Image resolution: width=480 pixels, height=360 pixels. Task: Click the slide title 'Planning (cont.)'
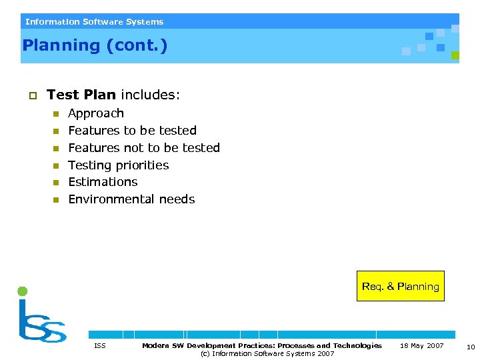[95, 46]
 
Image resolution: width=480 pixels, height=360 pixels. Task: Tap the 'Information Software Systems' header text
[94, 22]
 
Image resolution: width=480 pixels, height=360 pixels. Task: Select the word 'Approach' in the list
[96, 113]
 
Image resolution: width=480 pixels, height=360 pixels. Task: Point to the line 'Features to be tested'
[132, 131]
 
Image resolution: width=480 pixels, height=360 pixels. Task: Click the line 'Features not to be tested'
[144, 148]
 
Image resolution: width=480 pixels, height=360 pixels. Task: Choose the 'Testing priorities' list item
[119, 165]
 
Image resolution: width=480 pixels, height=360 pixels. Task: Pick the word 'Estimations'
[103, 182]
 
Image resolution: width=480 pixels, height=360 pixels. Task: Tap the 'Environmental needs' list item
[131, 199]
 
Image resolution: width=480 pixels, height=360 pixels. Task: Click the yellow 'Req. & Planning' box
[400, 286]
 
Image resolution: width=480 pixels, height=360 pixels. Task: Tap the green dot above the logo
[22, 291]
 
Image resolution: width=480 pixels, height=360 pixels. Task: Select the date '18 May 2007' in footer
[421, 345]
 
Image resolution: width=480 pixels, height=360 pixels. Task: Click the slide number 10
[471, 346]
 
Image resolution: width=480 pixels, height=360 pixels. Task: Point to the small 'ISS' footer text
[100, 345]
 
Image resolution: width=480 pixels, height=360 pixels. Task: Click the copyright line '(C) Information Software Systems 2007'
[267, 353]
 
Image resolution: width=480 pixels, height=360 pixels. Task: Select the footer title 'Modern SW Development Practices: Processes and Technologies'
[262, 345]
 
